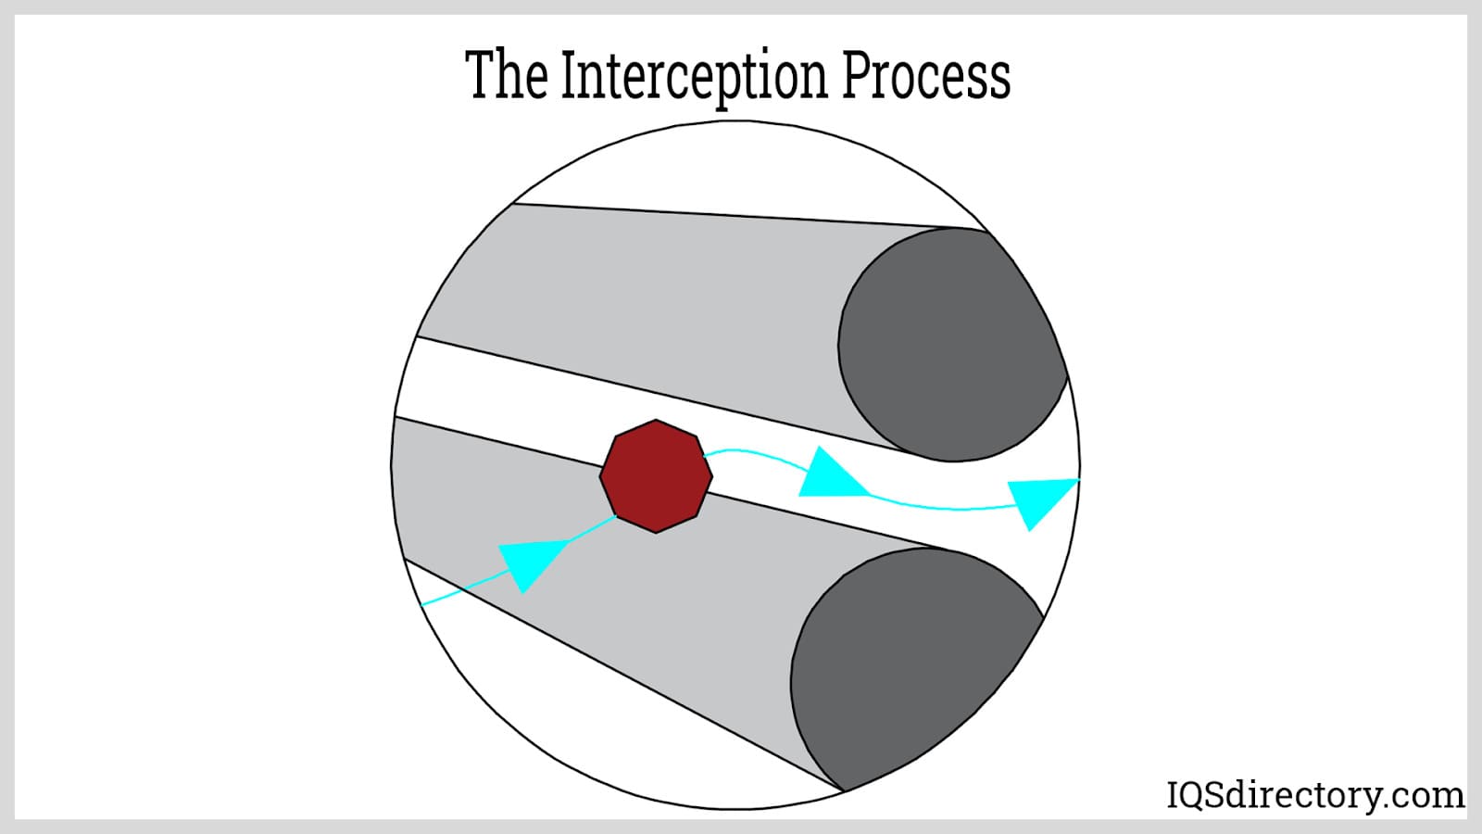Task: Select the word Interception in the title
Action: tap(695, 78)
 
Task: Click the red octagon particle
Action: tap(656, 476)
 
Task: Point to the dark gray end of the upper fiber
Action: tap(949, 345)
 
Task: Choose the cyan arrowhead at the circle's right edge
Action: tap(1040, 500)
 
